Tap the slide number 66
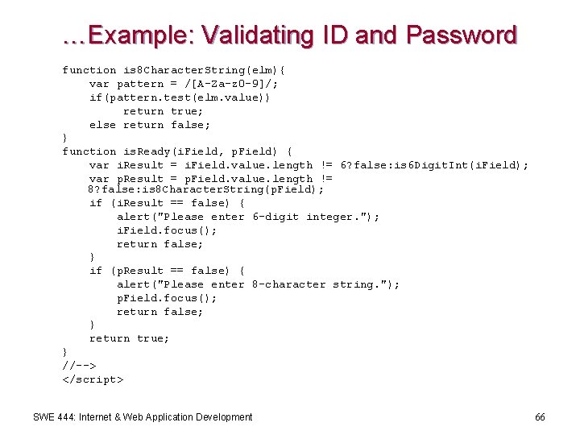[x=540, y=417]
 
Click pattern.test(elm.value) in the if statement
[x=188, y=97]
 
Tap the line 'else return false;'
[x=150, y=125]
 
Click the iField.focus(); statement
[x=167, y=230]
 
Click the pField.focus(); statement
[x=167, y=298]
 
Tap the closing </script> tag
[x=93, y=379]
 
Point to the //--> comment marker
[x=79, y=366]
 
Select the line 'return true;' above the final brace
[x=129, y=338]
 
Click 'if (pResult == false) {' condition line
[x=167, y=271]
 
